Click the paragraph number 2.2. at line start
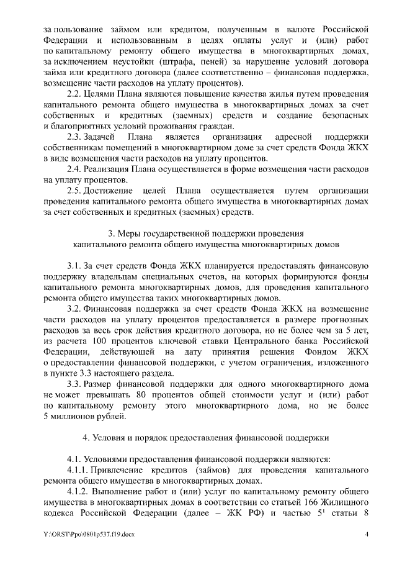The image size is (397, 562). [x=74, y=94]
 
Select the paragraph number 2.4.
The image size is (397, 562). [x=74, y=170]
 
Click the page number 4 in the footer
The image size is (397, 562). [x=367, y=535]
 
